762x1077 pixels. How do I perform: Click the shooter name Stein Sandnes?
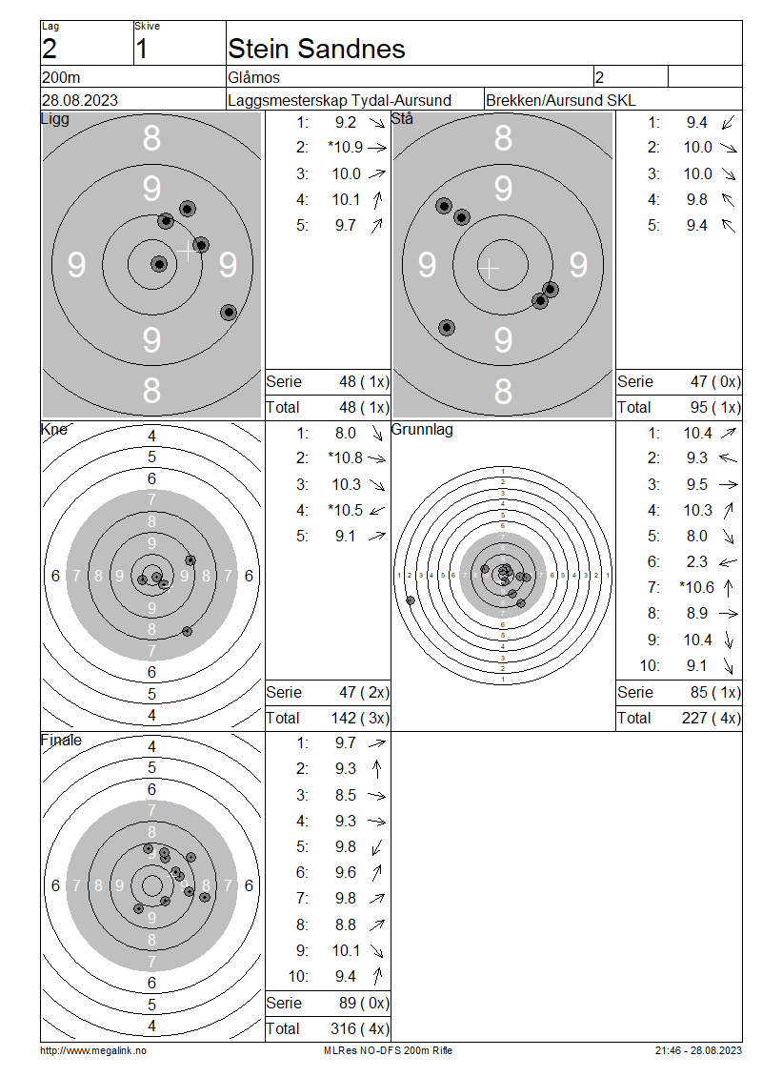point(316,49)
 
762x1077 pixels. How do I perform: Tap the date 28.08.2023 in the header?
point(80,100)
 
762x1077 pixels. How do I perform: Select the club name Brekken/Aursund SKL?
point(561,100)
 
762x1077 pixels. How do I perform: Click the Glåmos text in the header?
point(254,77)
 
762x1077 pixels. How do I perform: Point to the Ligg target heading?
point(55,119)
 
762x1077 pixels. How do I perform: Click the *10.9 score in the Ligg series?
point(346,147)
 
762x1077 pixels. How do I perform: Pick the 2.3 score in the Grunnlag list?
point(697,562)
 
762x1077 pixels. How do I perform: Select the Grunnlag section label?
point(422,429)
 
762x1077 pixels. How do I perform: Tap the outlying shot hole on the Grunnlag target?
point(411,600)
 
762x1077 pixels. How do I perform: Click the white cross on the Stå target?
point(489,267)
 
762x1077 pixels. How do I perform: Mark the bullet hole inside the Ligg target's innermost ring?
point(159,264)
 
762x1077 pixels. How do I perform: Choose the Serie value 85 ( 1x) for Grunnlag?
point(715,692)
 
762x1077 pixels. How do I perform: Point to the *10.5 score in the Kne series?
point(346,510)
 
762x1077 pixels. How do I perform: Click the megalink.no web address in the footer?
point(93,1050)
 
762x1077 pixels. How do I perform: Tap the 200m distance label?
point(61,77)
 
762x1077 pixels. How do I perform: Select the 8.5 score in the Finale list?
point(346,796)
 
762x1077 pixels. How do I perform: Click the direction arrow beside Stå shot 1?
point(729,123)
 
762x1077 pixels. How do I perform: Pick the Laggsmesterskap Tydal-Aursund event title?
point(340,100)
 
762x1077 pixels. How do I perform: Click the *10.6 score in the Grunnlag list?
point(697,587)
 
